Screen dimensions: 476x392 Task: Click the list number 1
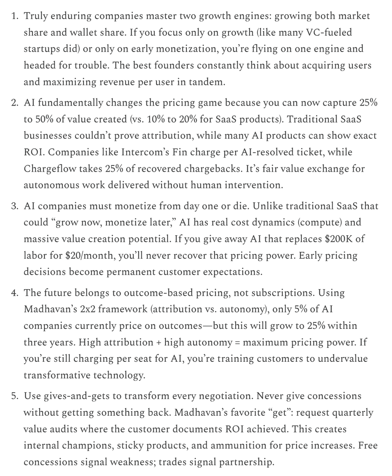[x=14, y=16]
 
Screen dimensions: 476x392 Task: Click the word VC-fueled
[x=329, y=33]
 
